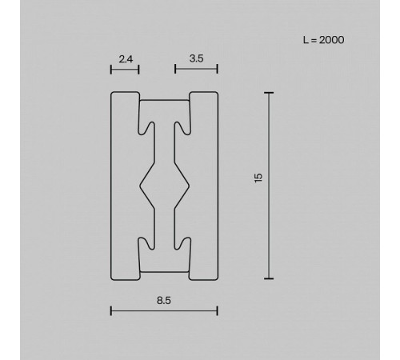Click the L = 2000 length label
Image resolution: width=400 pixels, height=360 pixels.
tap(323, 40)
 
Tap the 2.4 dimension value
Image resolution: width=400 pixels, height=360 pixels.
tap(126, 59)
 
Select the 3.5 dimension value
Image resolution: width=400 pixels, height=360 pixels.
tap(196, 58)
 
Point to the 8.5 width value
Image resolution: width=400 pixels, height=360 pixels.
tap(164, 301)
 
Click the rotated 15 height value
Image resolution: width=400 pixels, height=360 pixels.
tap(258, 178)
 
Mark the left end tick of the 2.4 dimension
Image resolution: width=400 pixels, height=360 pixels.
tap(111, 70)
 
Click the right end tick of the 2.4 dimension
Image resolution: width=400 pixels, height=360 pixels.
tap(139, 70)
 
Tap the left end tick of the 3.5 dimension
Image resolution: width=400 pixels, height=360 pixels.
tap(175, 69)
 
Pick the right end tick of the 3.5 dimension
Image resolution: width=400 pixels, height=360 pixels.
tap(218, 69)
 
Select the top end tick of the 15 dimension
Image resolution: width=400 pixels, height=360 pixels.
tap(269, 93)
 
